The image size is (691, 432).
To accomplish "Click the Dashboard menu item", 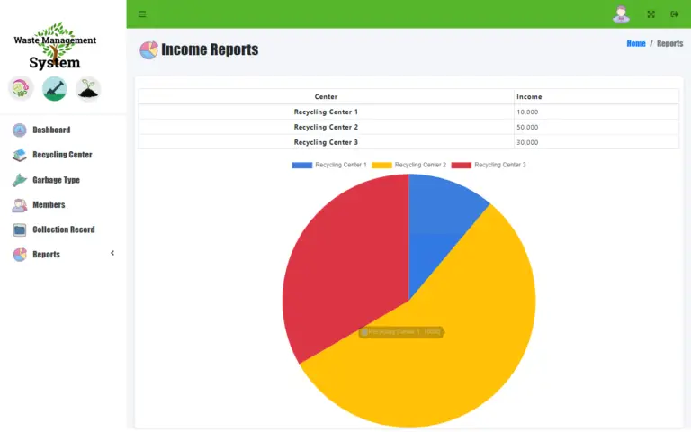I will click(50, 130).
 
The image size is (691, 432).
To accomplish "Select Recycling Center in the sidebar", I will click(61, 155).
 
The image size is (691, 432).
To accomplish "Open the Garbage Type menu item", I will click(56, 180).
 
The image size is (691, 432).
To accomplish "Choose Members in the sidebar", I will click(49, 205).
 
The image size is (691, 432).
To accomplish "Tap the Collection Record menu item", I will click(63, 229).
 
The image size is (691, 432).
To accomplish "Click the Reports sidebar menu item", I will click(46, 255).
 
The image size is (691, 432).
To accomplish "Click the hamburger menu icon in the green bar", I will click(142, 14).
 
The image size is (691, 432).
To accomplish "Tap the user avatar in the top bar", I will click(621, 14).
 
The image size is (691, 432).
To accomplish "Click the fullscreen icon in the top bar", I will click(651, 14).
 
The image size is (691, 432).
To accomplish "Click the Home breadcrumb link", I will click(636, 43).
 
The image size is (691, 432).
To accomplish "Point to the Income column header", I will click(529, 96).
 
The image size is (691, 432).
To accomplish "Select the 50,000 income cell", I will click(527, 127).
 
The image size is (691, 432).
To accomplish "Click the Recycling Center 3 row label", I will click(326, 142).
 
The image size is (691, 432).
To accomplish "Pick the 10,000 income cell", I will click(527, 112).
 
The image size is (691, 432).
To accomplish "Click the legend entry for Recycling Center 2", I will click(420, 165).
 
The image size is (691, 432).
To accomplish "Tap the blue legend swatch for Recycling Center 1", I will click(301, 165).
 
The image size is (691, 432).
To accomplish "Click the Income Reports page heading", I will click(210, 50).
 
